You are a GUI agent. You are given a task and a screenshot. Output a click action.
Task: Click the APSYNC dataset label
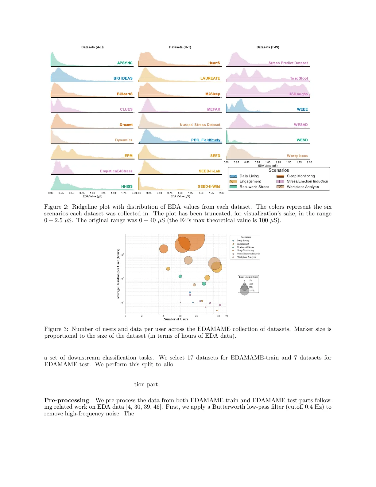click(125, 63)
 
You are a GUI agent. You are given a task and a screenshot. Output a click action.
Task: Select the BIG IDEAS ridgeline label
click(123, 78)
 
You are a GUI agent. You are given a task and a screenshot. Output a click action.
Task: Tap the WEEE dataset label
click(302, 109)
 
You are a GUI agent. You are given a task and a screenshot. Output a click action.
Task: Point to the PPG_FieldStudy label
click(206, 140)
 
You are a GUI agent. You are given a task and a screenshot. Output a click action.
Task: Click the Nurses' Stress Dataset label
click(200, 125)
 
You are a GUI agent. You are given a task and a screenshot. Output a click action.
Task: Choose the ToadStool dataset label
click(299, 78)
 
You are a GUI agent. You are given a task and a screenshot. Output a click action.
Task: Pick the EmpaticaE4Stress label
click(116, 171)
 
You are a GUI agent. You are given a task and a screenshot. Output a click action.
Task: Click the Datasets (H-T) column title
click(180, 47)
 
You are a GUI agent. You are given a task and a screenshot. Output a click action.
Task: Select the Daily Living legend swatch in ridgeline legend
click(233, 176)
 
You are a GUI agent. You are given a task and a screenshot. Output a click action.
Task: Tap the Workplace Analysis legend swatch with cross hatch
click(280, 187)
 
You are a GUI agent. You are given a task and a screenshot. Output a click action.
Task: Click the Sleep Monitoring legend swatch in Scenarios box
click(280, 176)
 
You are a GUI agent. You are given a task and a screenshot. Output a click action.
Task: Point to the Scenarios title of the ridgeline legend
click(278, 170)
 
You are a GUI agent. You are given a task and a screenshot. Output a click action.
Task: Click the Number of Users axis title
click(176, 319)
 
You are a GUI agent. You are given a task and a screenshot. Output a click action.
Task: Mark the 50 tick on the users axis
click(219, 316)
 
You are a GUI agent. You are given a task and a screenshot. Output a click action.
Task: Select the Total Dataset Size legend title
click(248, 277)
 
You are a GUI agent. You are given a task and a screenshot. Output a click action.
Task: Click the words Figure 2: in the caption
click(56, 207)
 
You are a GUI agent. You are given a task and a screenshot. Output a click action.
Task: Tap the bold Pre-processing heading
click(67, 400)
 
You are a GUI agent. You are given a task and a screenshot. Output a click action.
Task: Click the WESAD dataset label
click(300, 125)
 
